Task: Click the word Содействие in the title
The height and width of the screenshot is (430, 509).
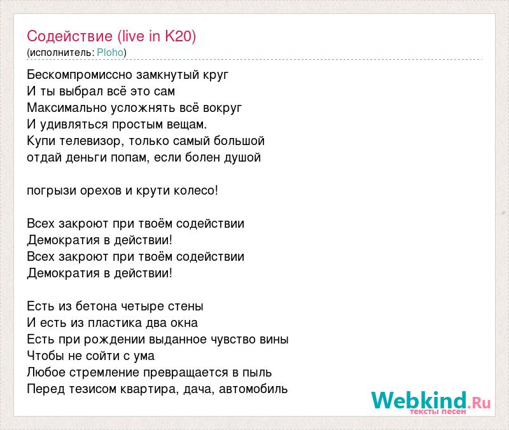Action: pyautogui.click(x=69, y=36)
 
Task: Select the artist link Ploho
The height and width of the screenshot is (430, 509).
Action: pyautogui.click(x=110, y=53)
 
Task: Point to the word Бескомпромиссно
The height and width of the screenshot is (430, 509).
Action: pyautogui.click(x=80, y=75)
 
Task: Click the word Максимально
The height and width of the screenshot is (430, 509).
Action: pyautogui.click(x=67, y=107)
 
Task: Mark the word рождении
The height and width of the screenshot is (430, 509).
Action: pyautogui.click(x=115, y=340)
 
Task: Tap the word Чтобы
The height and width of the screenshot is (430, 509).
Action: pyautogui.click(x=45, y=356)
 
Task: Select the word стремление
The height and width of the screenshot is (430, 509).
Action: pyautogui.click(x=104, y=373)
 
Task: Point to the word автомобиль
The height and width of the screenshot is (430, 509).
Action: pyautogui.click(x=253, y=389)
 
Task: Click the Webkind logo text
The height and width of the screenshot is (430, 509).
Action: pyautogui.click(x=419, y=400)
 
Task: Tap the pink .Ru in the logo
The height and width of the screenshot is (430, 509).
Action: pyautogui.click(x=479, y=403)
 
